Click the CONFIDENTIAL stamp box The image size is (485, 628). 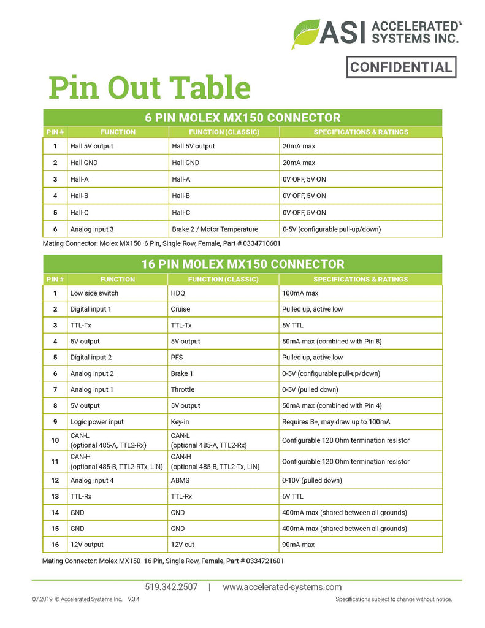401,67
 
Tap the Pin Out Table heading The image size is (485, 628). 150,88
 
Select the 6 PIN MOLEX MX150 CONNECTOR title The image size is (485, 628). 242,117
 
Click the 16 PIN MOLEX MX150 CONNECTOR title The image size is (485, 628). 242,264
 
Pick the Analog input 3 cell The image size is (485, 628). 92,229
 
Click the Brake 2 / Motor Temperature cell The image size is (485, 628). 215,229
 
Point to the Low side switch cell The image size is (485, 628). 94,293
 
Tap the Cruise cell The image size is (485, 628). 180,309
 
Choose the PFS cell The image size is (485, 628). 177,357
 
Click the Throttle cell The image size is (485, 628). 183,389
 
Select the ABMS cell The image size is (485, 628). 180,480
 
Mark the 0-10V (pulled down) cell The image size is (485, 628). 312,480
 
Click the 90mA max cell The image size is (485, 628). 298,545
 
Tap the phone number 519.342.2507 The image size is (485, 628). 172,587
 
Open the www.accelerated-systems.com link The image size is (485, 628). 282,587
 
